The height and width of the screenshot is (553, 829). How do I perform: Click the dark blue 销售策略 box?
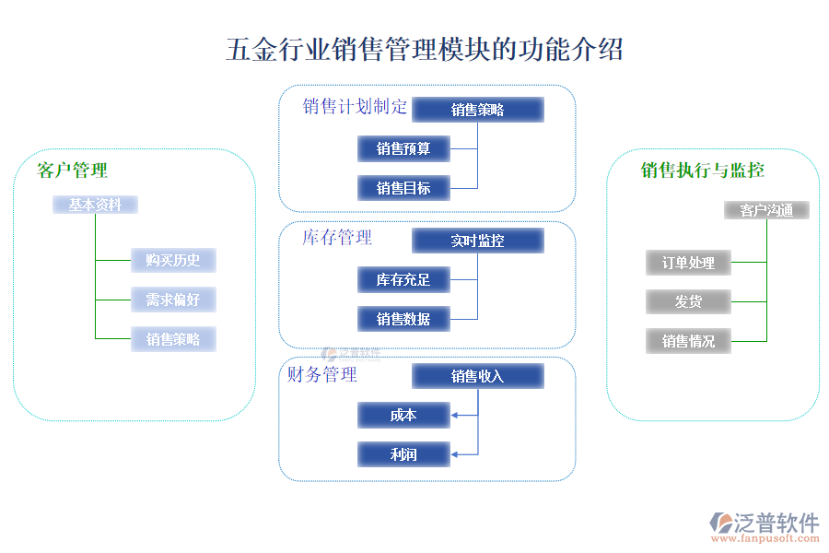tap(477, 110)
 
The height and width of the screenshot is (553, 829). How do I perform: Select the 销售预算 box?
tap(403, 148)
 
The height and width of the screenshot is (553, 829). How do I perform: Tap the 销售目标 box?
tap(403, 188)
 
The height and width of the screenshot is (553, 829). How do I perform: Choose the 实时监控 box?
tap(477, 241)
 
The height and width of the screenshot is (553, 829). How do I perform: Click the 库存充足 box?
tap(403, 279)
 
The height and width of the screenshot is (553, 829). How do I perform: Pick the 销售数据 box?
tap(403, 319)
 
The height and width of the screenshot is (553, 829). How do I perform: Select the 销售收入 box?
tap(477, 376)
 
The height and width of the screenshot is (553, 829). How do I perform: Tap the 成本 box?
tap(403, 415)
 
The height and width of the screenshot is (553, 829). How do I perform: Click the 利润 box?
tap(403, 453)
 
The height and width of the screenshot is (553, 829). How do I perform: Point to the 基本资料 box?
tap(95, 205)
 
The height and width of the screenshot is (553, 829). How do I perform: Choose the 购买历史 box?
tap(173, 260)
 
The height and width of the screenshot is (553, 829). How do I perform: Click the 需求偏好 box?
tap(173, 300)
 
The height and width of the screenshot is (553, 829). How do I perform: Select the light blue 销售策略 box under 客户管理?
tap(173, 339)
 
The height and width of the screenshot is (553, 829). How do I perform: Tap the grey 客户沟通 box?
tap(766, 210)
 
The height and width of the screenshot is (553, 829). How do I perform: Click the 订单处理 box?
tap(688, 263)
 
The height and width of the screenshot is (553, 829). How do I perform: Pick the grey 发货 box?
tap(688, 301)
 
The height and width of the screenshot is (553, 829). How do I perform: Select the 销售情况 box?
tap(688, 341)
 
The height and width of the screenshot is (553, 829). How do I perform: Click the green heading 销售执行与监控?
tap(702, 170)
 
